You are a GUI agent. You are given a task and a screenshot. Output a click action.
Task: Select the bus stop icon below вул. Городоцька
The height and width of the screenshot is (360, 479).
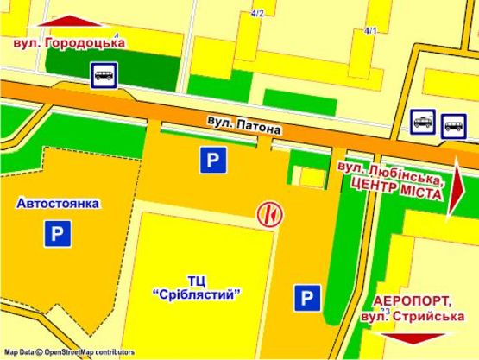103,76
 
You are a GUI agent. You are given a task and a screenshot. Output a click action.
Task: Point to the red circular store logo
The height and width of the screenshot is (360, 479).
269,212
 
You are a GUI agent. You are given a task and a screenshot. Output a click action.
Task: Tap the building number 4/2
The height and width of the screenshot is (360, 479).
256,13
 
